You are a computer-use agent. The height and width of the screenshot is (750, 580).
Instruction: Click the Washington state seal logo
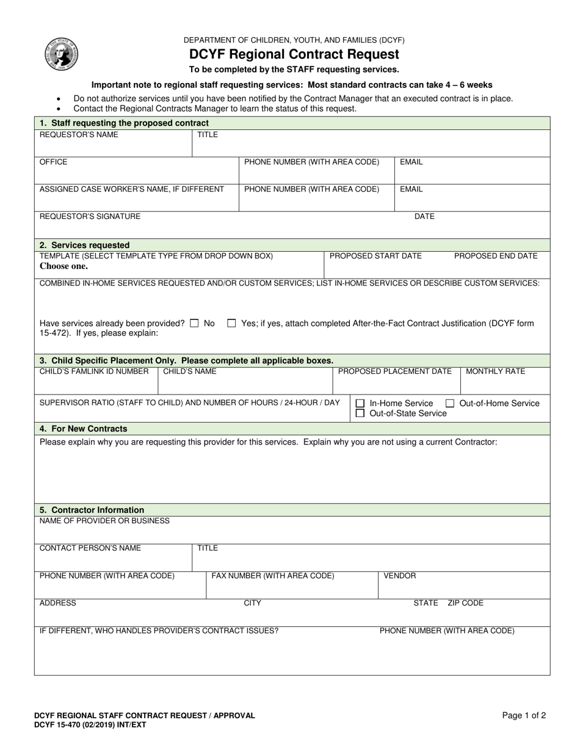[x=61, y=54]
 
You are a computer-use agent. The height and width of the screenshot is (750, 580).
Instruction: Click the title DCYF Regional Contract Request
[x=294, y=55]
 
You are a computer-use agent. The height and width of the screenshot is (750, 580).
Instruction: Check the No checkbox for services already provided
[x=194, y=324]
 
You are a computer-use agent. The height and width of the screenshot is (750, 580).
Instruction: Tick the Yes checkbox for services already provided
[x=231, y=324]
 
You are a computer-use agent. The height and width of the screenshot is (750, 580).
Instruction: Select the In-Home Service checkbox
[x=360, y=404]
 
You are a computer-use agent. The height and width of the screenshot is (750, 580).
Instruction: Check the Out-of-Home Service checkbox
[x=450, y=404]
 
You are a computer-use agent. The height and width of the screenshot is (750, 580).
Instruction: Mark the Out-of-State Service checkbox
[x=360, y=413]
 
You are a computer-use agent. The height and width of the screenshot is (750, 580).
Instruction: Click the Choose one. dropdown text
[x=63, y=266]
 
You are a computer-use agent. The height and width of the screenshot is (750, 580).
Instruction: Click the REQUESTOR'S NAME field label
[x=79, y=135]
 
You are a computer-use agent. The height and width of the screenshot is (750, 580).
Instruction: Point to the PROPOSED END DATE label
[x=496, y=255]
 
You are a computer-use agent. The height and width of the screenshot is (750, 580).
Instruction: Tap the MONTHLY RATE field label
[x=495, y=371]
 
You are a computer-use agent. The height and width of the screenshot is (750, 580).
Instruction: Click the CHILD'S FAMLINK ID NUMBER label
[x=94, y=371]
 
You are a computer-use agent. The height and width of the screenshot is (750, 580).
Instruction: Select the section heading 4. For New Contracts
[x=83, y=429]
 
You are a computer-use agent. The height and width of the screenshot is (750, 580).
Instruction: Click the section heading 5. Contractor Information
[x=92, y=510]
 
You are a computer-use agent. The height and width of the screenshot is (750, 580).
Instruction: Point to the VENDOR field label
[x=400, y=576]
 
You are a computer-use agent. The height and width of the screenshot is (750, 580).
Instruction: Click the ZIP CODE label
[x=465, y=603]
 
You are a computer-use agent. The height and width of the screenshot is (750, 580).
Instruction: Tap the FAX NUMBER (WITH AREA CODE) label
[x=273, y=576]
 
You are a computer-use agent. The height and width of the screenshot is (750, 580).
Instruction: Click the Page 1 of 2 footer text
[x=524, y=716]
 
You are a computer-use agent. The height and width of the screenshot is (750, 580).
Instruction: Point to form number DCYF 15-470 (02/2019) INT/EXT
[x=90, y=725]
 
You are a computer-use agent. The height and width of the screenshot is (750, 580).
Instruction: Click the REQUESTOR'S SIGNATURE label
[x=90, y=216]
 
